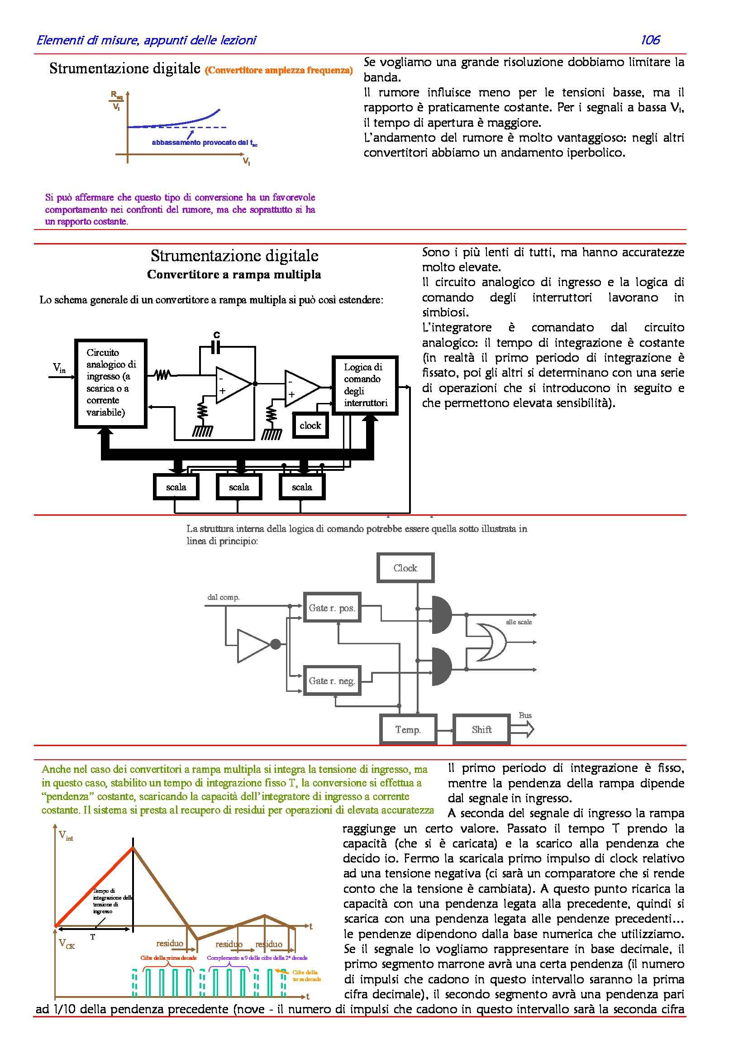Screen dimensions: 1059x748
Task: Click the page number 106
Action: (x=650, y=40)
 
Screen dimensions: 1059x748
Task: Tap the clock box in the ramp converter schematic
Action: (x=310, y=426)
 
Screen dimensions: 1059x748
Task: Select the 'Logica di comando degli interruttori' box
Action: (x=365, y=385)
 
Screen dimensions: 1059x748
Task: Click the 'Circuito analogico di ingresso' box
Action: (x=110, y=383)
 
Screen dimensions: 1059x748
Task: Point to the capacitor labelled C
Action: (x=216, y=347)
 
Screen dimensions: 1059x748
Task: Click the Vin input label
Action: (x=59, y=368)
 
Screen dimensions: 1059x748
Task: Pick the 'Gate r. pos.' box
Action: (x=332, y=608)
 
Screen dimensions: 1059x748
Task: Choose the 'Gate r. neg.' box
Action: (x=332, y=681)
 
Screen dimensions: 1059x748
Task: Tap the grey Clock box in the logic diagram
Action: (x=405, y=568)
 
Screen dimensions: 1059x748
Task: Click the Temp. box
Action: (x=408, y=729)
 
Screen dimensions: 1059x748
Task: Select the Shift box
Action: (x=481, y=729)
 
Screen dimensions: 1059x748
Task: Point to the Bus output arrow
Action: (x=523, y=729)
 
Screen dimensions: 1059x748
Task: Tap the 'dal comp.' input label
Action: (x=224, y=597)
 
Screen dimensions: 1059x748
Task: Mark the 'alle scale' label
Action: (x=519, y=622)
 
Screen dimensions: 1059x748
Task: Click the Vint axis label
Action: (x=66, y=835)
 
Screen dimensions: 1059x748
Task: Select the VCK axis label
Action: (x=67, y=944)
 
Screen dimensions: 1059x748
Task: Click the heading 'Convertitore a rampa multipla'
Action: (x=234, y=275)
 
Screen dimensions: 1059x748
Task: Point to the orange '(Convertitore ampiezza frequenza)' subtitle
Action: (x=279, y=71)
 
